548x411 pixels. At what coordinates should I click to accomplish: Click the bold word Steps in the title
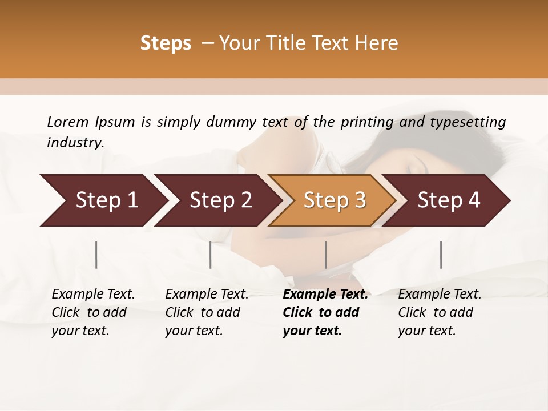166,43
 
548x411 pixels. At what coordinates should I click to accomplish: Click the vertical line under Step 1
96,255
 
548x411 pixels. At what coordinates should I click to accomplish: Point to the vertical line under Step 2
211,255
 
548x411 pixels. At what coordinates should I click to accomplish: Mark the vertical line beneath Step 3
326,255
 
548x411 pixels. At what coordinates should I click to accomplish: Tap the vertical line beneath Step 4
441,255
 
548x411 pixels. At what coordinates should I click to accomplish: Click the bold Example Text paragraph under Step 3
325,312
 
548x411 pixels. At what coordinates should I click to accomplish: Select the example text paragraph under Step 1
93,312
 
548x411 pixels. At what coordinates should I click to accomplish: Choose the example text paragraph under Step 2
207,312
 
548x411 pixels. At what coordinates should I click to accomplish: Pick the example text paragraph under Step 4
440,312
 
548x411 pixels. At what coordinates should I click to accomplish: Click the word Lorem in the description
67,122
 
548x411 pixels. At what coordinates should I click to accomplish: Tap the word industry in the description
75,142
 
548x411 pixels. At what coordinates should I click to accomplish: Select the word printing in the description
367,122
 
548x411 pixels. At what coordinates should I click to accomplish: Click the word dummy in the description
233,122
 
